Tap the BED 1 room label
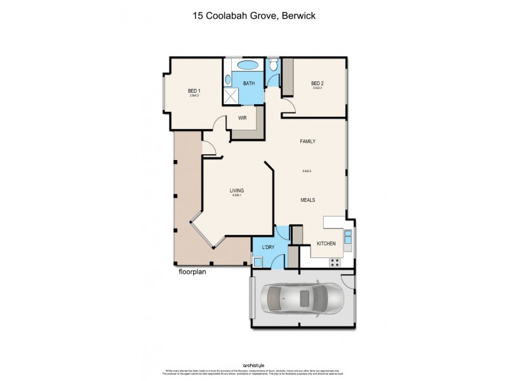pos(193,90)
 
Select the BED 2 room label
pos(318,83)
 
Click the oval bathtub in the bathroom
pos(247,65)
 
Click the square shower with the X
pos(231,96)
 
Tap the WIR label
pos(242,118)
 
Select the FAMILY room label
pos(308,142)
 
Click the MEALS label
pos(308,199)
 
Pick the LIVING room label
pos(237,190)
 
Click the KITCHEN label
pos(326,244)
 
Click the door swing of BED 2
pos(288,107)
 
